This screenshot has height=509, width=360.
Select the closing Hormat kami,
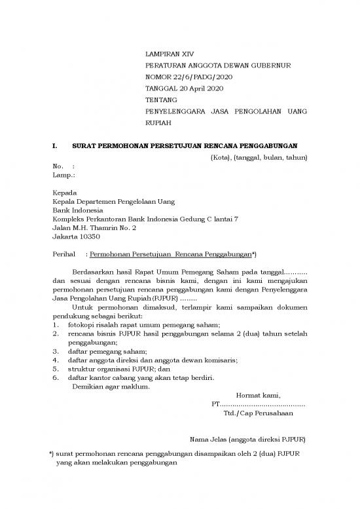[x=258, y=396]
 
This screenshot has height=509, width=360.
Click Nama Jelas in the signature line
[x=207, y=439]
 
